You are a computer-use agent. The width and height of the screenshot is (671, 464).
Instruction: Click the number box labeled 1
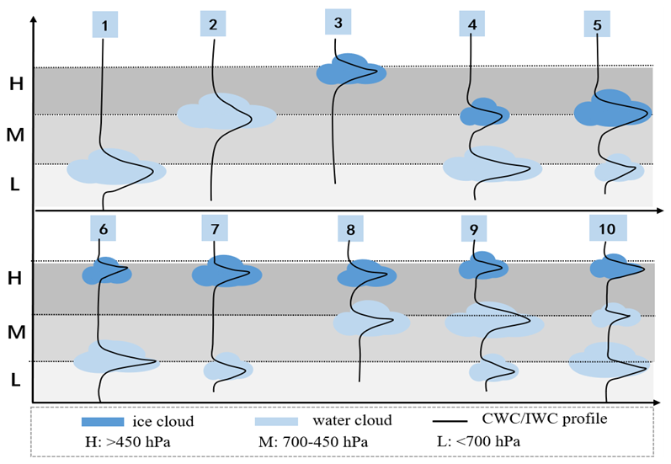[x=104, y=26]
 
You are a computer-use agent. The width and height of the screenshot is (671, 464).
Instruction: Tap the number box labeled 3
[x=338, y=23]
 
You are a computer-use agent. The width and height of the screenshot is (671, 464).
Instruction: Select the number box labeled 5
[x=597, y=25]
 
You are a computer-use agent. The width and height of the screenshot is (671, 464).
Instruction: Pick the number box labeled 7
[x=216, y=229]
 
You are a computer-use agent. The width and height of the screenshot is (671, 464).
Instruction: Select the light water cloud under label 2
[x=226, y=112]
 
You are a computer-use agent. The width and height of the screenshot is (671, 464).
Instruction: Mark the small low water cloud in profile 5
[x=620, y=168]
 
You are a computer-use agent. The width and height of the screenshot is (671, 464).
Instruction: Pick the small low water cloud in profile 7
[x=227, y=370]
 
